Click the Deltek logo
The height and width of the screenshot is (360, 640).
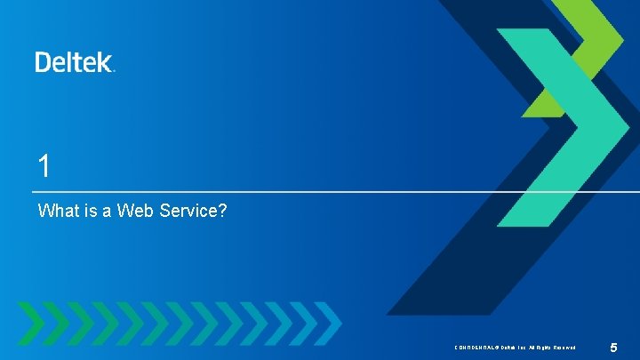tap(75, 61)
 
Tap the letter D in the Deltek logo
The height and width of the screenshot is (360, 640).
tap(44, 61)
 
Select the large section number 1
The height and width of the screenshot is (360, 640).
tap(44, 165)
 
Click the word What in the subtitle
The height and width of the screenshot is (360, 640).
tap(58, 212)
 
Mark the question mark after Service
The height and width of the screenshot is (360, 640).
tap(223, 212)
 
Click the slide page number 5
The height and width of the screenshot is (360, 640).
tap(613, 346)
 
